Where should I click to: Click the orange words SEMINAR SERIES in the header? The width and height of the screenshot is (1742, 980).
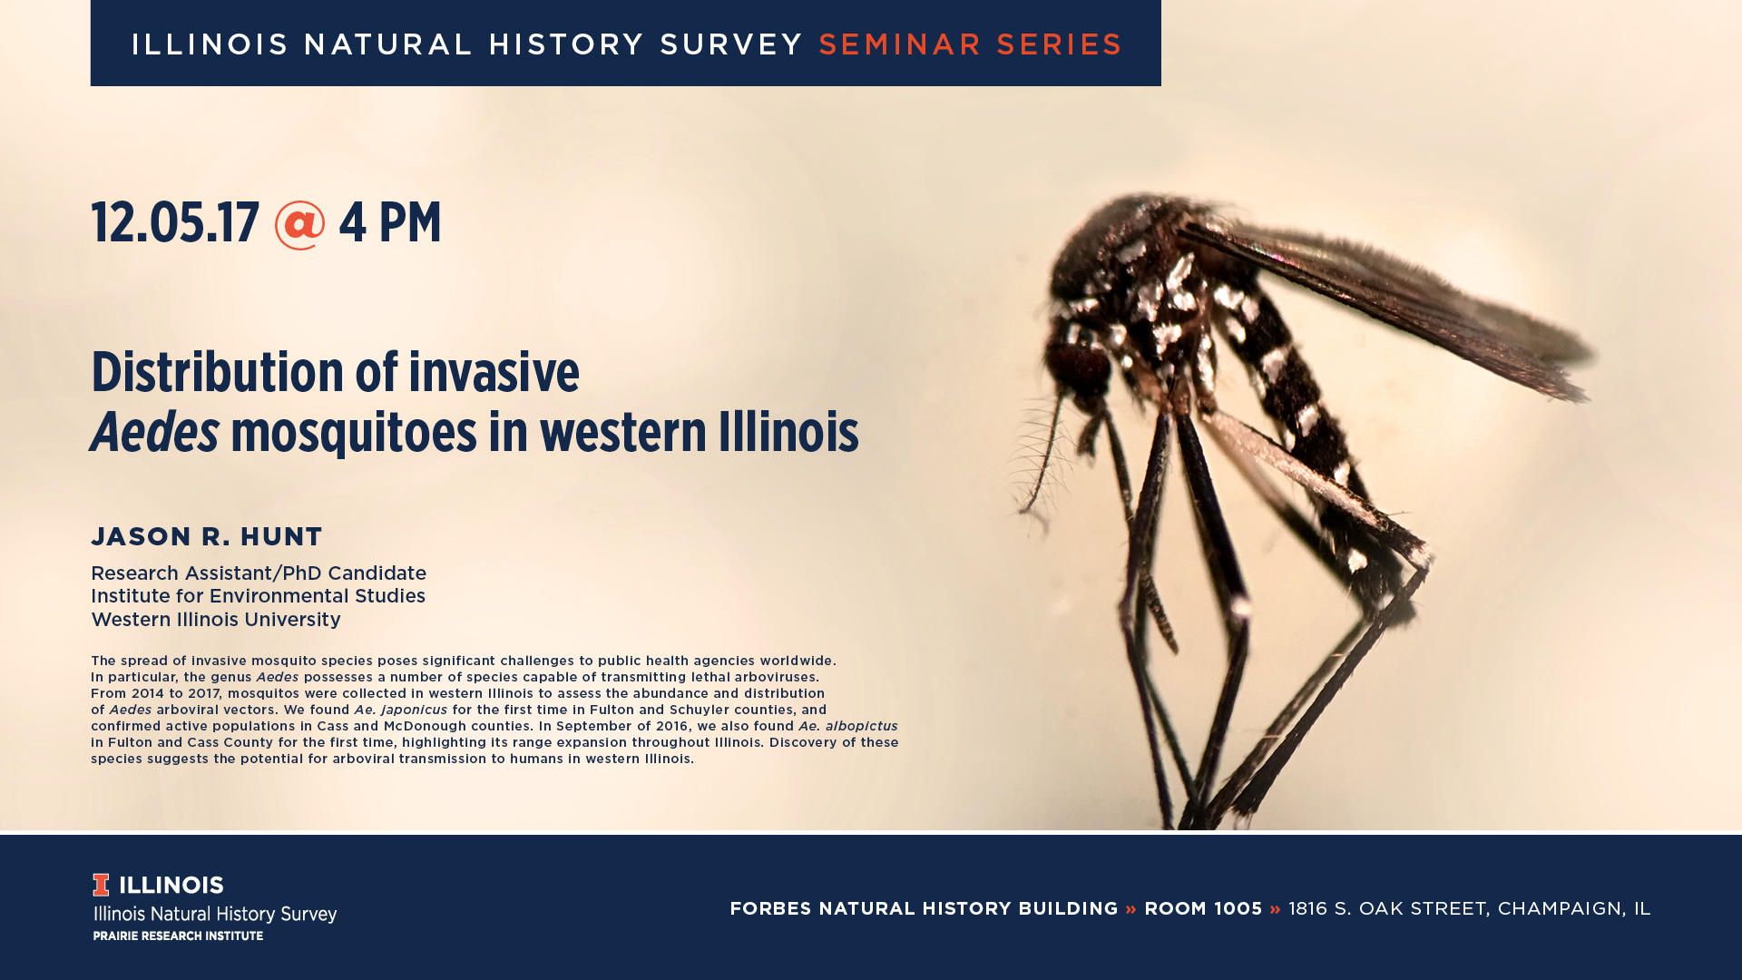click(970, 44)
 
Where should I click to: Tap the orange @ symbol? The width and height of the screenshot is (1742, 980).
click(299, 225)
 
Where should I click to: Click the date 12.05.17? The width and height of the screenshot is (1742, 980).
click(175, 223)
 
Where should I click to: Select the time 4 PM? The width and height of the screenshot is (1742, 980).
click(390, 223)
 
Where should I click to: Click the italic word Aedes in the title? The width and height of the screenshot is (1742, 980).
click(155, 432)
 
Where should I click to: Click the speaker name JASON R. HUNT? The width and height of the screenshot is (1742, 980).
click(207, 536)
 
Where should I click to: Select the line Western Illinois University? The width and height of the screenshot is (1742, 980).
click(216, 620)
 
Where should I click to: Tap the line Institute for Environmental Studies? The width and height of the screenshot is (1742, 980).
click(258, 596)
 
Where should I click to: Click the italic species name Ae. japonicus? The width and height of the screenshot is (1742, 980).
click(400, 710)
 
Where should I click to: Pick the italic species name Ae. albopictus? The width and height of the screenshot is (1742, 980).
click(847, 726)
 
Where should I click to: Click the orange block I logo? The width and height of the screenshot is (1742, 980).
click(101, 885)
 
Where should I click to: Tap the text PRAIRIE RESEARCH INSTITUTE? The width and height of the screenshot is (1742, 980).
click(178, 936)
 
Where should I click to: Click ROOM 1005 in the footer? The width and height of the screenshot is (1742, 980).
click(1203, 908)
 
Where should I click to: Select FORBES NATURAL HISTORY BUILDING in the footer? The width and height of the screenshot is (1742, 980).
click(924, 908)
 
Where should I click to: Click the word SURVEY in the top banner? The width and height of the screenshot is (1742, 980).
click(731, 44)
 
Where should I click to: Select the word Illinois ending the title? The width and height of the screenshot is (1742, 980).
click(788, 432)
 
